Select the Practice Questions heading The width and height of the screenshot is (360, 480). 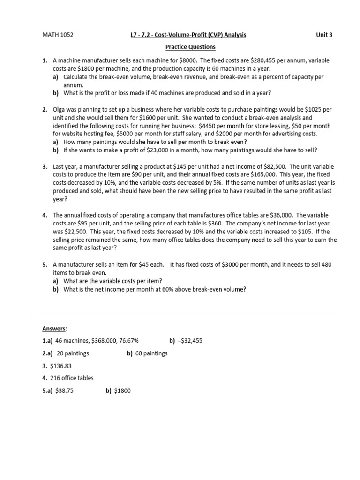pos(190,47)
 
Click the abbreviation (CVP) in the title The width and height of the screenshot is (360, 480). pos(214,35)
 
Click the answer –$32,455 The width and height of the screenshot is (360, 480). pos(190,341)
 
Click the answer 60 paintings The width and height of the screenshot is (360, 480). pos(151,353)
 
